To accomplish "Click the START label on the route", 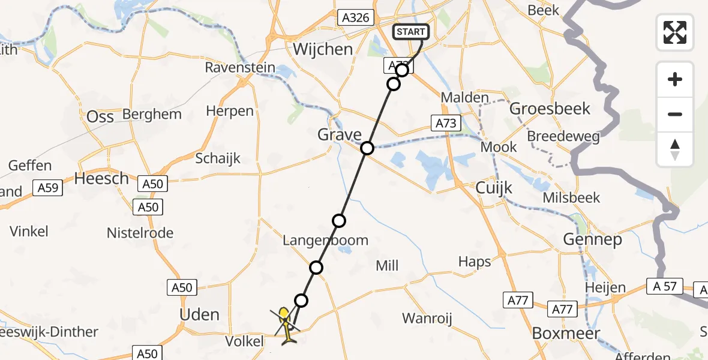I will pos(410,32).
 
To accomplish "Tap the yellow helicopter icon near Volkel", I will pos(286,323).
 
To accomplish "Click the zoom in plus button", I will pos(675,80).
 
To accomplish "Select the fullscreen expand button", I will pos(675,32).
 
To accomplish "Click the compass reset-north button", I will pos(675,149).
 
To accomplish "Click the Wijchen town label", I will pos(323,49).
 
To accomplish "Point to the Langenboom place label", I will pos(326,241).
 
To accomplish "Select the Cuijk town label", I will pos(494,188).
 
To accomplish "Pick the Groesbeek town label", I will pos(550,109).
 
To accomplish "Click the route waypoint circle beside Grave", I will pos(367,148).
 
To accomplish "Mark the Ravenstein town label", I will pos(240,67).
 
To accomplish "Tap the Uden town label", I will pos(199,314).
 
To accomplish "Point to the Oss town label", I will pos(100,116).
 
